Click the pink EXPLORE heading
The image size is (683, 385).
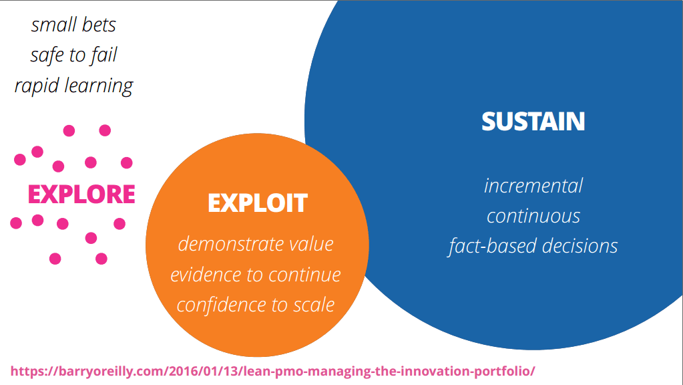[x=81, y=194]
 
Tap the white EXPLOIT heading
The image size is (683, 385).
[x=258, y=203]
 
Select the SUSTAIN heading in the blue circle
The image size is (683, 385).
[x=533, y=121]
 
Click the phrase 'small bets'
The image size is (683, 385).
[x=73, y=25]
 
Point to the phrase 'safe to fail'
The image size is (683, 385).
[x=73, y=55]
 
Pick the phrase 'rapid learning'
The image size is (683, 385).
[x=73, y=86]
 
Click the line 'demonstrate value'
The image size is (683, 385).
[x=256, y=244]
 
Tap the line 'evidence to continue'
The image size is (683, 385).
[x=256, y=275]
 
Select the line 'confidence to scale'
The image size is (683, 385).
[x=256, y=305]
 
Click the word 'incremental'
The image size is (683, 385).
[x=533, y=186]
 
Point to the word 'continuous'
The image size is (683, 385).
[x=533, y=217]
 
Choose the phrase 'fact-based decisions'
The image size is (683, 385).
[x=533, y=246]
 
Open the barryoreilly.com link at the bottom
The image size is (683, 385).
[x=272, y=372]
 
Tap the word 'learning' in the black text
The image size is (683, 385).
[x=99, y=86]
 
